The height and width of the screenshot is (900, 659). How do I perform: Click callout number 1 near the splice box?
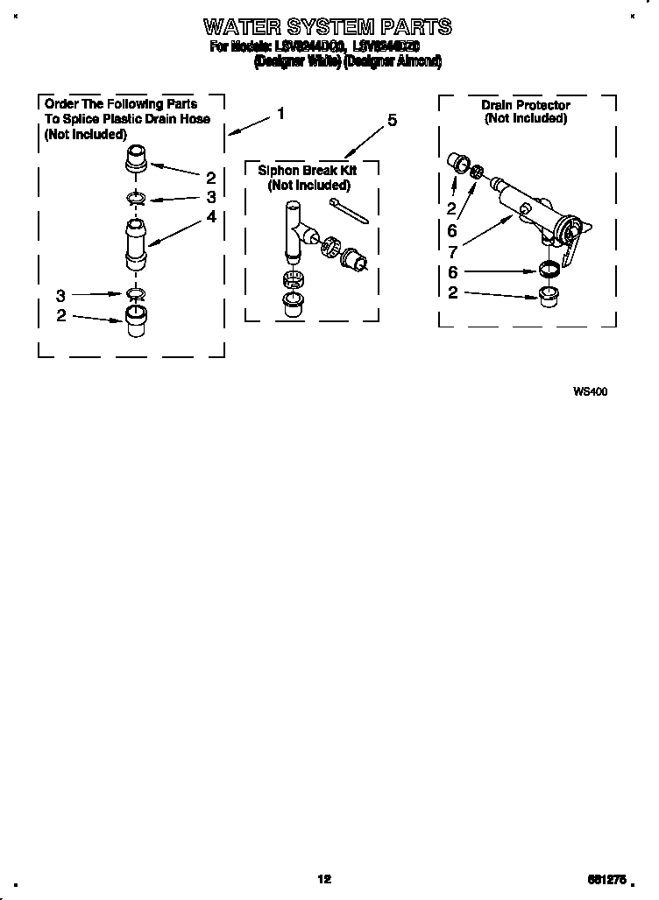(280, 113)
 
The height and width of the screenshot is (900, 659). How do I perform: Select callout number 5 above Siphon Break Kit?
(392, 121)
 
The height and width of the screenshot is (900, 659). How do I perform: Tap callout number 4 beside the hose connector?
(210, 216)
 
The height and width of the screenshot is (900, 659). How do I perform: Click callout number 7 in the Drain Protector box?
(452, 250)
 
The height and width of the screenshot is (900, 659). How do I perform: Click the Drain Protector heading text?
(525, 105)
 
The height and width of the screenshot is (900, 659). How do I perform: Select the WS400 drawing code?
(590, 392)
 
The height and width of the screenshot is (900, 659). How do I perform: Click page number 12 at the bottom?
(324, 879)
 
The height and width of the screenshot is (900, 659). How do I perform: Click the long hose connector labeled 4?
(134, 244)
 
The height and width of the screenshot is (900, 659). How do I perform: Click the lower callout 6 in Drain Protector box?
(452, 272)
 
